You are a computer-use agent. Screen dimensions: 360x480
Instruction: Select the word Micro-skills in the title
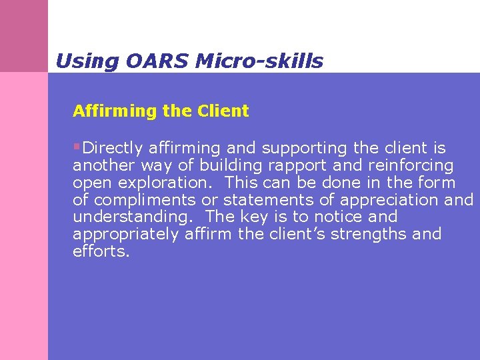(x=259, y=62)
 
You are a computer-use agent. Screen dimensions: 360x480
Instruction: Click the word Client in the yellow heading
(x=223, y=111)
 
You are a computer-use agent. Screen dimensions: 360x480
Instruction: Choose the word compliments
(x=143, y=200)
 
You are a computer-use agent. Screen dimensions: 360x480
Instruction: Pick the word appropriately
(x=125, y=235)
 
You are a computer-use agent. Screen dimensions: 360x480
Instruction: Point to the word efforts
(x=101, y=252)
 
